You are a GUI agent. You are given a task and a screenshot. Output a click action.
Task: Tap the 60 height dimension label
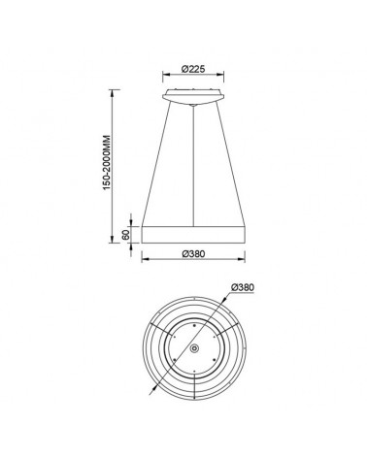click(x=125, y=235)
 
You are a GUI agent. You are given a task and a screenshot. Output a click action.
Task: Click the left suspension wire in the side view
click(x=158, y=165)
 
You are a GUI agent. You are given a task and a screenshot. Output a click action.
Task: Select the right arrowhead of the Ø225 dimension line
click(x=227, y=79)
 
